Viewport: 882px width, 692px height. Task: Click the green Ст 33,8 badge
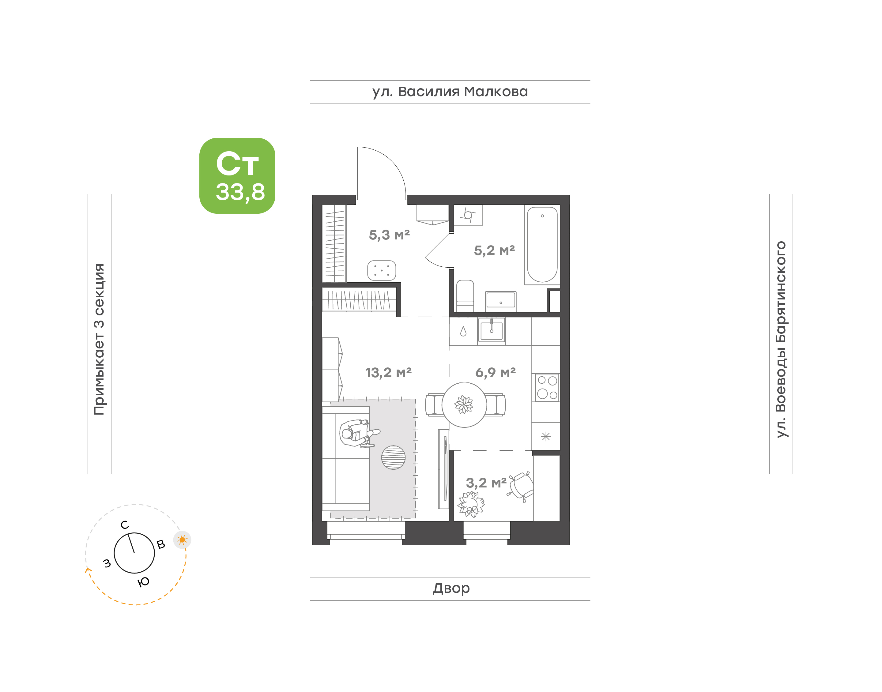tap(237, 175)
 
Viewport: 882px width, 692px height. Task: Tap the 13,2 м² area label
tap(388, 373)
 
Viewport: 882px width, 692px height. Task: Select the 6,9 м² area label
tap(495, 372)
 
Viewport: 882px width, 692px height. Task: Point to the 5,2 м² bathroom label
tap(494, 250)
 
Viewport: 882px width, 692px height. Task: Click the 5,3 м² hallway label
tap(389, 235)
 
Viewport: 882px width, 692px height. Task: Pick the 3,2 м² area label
tap(486, 483)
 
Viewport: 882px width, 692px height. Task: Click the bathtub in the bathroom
tap(542, 244)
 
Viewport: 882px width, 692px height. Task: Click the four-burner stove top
tap(547, 387)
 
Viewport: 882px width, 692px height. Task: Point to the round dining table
tap(464, 404)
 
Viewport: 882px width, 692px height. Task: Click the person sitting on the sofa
tap(359, 433)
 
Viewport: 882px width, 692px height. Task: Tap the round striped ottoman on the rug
tap(393, 457)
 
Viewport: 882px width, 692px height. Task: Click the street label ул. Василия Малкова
tap(450, 92)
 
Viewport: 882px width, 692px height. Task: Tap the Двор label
tap(451, 588)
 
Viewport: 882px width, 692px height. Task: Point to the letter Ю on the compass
tap(143, 582)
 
